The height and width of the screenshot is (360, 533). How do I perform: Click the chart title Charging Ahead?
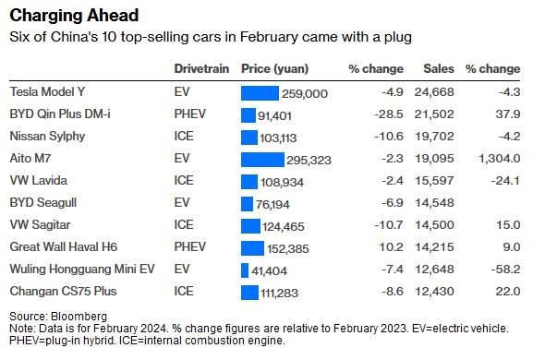click(74, 16)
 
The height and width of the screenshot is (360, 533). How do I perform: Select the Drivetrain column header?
click(201, 68)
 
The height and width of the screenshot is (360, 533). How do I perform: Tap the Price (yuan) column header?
click(274, 69)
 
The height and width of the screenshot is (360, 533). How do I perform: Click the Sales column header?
click(439, 68)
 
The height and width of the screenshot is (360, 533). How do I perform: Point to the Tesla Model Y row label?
click(47, 91)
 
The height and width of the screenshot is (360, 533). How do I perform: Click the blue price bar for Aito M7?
click(262, 160)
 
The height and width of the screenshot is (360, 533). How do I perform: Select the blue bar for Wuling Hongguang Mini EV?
click(245, 270)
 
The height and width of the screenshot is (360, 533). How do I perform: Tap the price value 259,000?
click(305, 94)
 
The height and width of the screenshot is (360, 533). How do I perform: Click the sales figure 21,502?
click(434, 114)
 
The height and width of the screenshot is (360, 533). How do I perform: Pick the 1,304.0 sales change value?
click(500, 158)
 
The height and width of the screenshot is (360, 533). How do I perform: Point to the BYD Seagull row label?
click(43, 203)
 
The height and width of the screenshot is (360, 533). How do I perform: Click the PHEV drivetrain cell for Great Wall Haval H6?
click(190, 246)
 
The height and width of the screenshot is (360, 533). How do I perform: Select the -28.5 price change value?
click(389, 114)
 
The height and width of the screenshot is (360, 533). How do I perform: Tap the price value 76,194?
click(273, 204)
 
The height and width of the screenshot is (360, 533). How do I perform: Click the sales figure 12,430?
click(434, 292)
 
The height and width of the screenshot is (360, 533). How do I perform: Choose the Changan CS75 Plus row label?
click(63, 292)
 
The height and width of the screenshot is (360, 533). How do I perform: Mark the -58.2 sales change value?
click(505, 270)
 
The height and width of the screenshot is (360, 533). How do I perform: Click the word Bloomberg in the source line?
click(79, 317)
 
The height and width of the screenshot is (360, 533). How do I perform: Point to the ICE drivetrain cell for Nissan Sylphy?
click(184, 137)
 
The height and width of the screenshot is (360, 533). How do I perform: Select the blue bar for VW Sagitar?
click(250, 226)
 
